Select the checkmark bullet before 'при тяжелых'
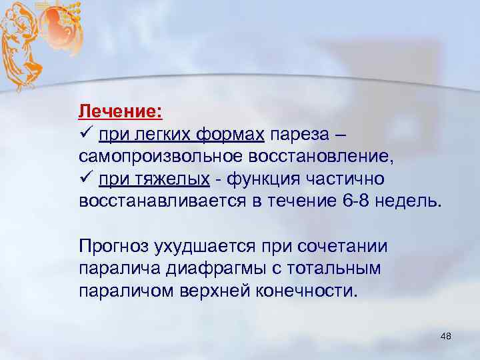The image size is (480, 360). [85, 180]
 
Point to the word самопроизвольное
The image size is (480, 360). [162, 158]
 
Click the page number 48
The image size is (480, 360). [446, 337]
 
